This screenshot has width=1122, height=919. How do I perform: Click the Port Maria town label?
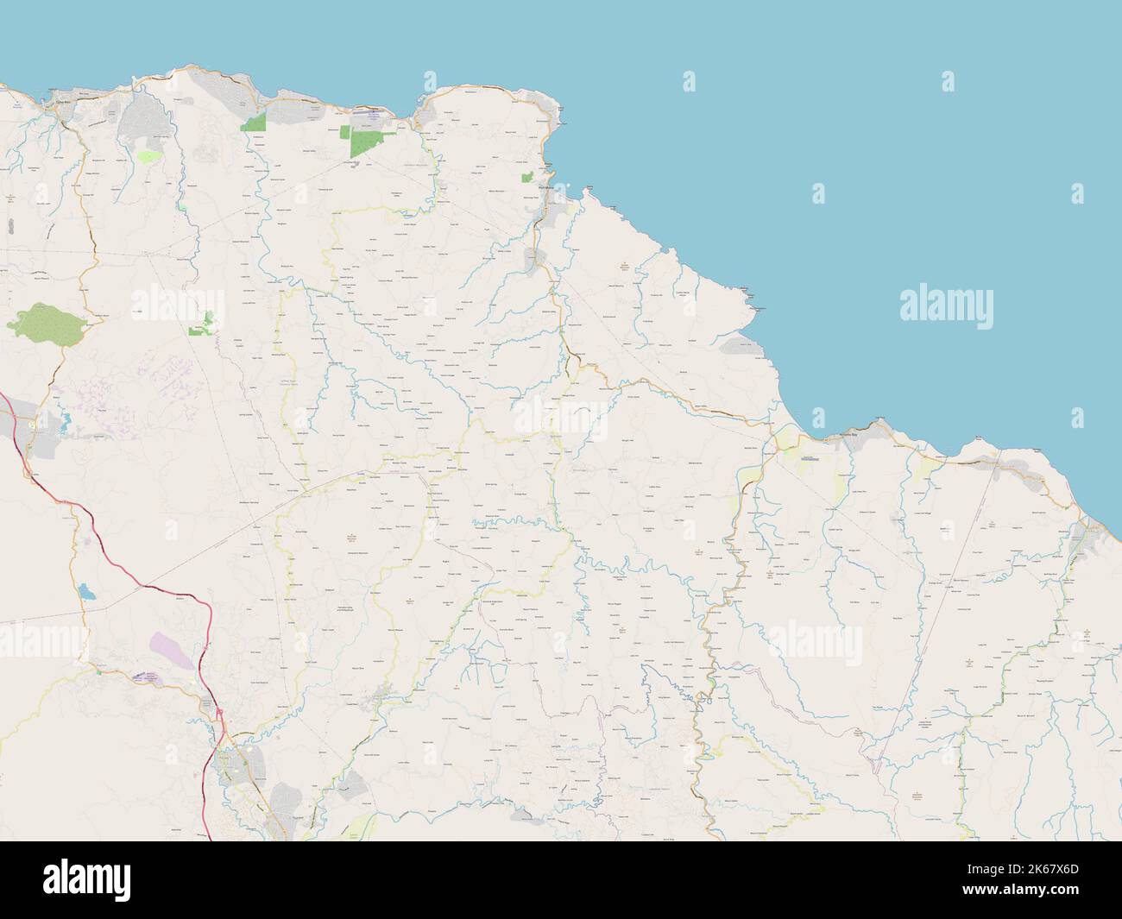[x=545, y=186]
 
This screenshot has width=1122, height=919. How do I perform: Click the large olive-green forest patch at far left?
[x=47, y=321]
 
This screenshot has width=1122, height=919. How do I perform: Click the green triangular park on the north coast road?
[x=255, y=123]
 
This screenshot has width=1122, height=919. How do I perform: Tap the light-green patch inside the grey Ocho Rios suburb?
[x=148, y=157]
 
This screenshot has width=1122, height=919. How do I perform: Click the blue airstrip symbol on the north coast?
[x=373, y=113]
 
